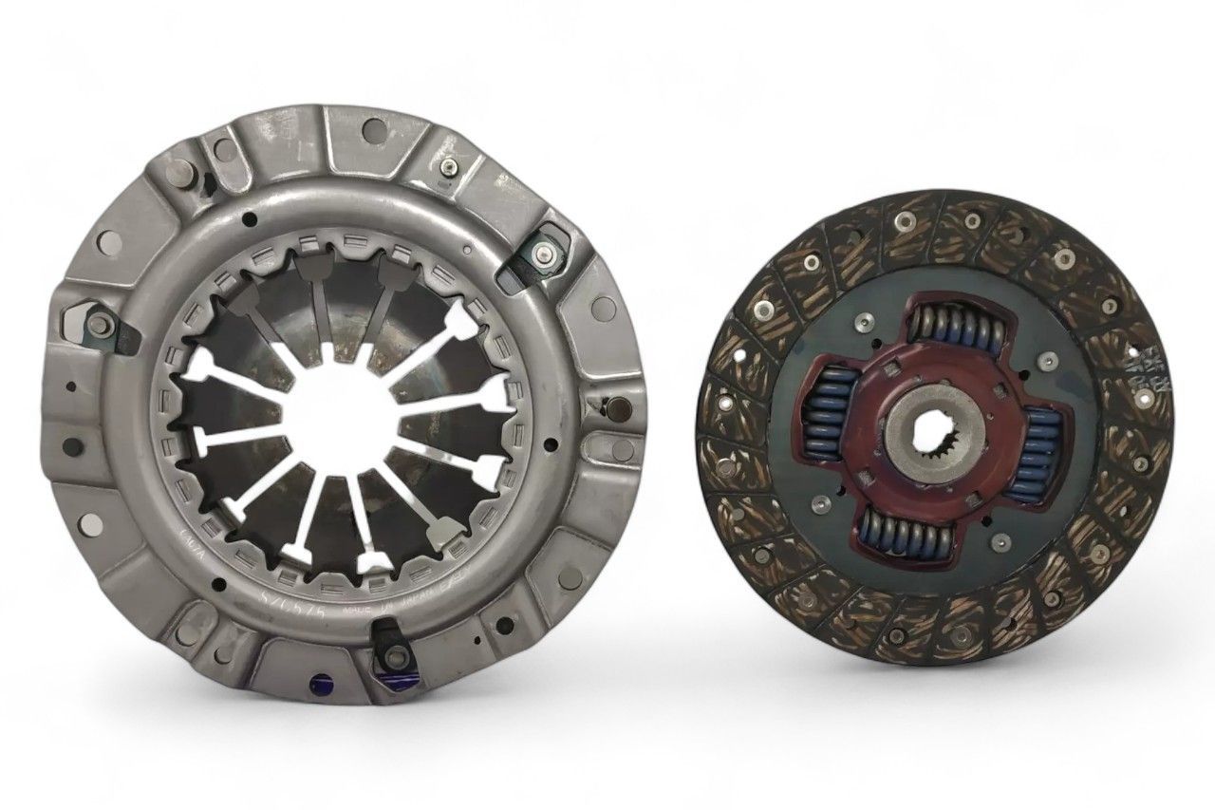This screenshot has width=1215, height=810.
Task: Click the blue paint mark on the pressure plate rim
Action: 318,681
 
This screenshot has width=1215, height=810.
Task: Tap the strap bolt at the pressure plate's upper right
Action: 539,254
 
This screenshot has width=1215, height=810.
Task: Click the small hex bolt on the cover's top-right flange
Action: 446,169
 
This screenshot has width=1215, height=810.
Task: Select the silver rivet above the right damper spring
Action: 1049,360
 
